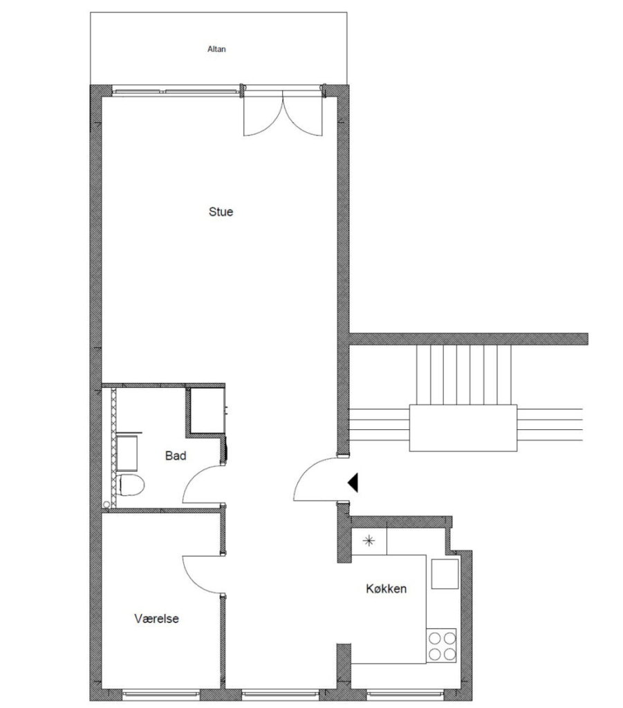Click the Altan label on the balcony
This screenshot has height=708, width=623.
pos(216,49)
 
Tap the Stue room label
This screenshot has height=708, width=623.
pos(221,212)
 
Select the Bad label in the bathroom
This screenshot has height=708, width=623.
pos(176,456)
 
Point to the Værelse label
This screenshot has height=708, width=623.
pos(156,618)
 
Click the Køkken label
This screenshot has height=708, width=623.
pos(386,588)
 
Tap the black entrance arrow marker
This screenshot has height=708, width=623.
pos(353,482)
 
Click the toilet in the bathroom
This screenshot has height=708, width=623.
pos(130,485)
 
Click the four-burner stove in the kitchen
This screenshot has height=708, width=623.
pos(442,646)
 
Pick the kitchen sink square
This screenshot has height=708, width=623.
pos(445,574)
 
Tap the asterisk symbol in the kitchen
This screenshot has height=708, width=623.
pos(369,541)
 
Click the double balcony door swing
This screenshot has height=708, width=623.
pos(283,113)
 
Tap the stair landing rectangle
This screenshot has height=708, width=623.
pos(463,427)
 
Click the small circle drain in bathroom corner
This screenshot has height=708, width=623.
pos(106,504)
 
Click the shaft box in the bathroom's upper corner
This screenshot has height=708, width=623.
pos(207,411)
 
